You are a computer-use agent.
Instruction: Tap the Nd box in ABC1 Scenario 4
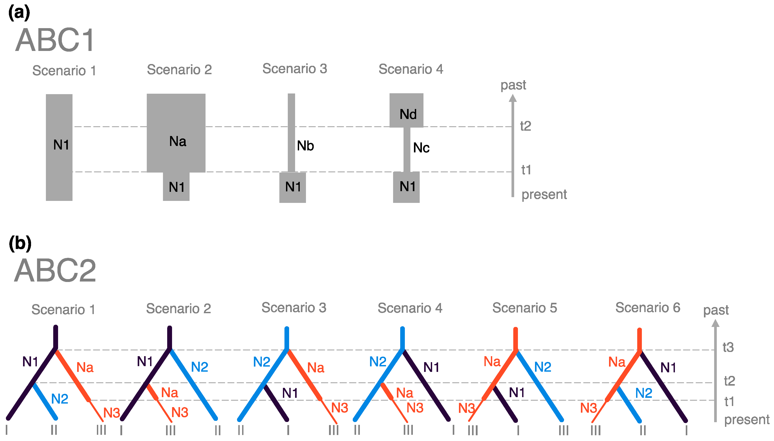tap(406, 111)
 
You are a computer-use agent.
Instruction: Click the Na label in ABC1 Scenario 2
tap(178, 142)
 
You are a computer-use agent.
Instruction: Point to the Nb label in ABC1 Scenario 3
tap(305, 146)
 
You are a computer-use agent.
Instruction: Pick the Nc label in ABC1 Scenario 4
tap(421, 148)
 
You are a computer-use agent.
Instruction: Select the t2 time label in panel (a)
tap(525, 126)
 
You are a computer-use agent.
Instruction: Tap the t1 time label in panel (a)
tap(526, 170)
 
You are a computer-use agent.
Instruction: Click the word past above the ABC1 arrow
tap(513, 85)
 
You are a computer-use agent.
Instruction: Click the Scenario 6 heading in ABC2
tap(648, 308)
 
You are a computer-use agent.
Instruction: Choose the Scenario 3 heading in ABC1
tap(294, 69)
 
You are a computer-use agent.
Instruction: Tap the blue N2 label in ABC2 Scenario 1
tap(59, 399)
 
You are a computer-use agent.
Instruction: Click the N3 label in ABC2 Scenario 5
tap(466, 408)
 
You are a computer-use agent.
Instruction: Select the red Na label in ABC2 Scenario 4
tap(404, 393)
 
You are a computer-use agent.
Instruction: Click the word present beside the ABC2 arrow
tap(747, 420)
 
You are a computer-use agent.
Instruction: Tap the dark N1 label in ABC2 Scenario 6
tap(668, 368)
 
